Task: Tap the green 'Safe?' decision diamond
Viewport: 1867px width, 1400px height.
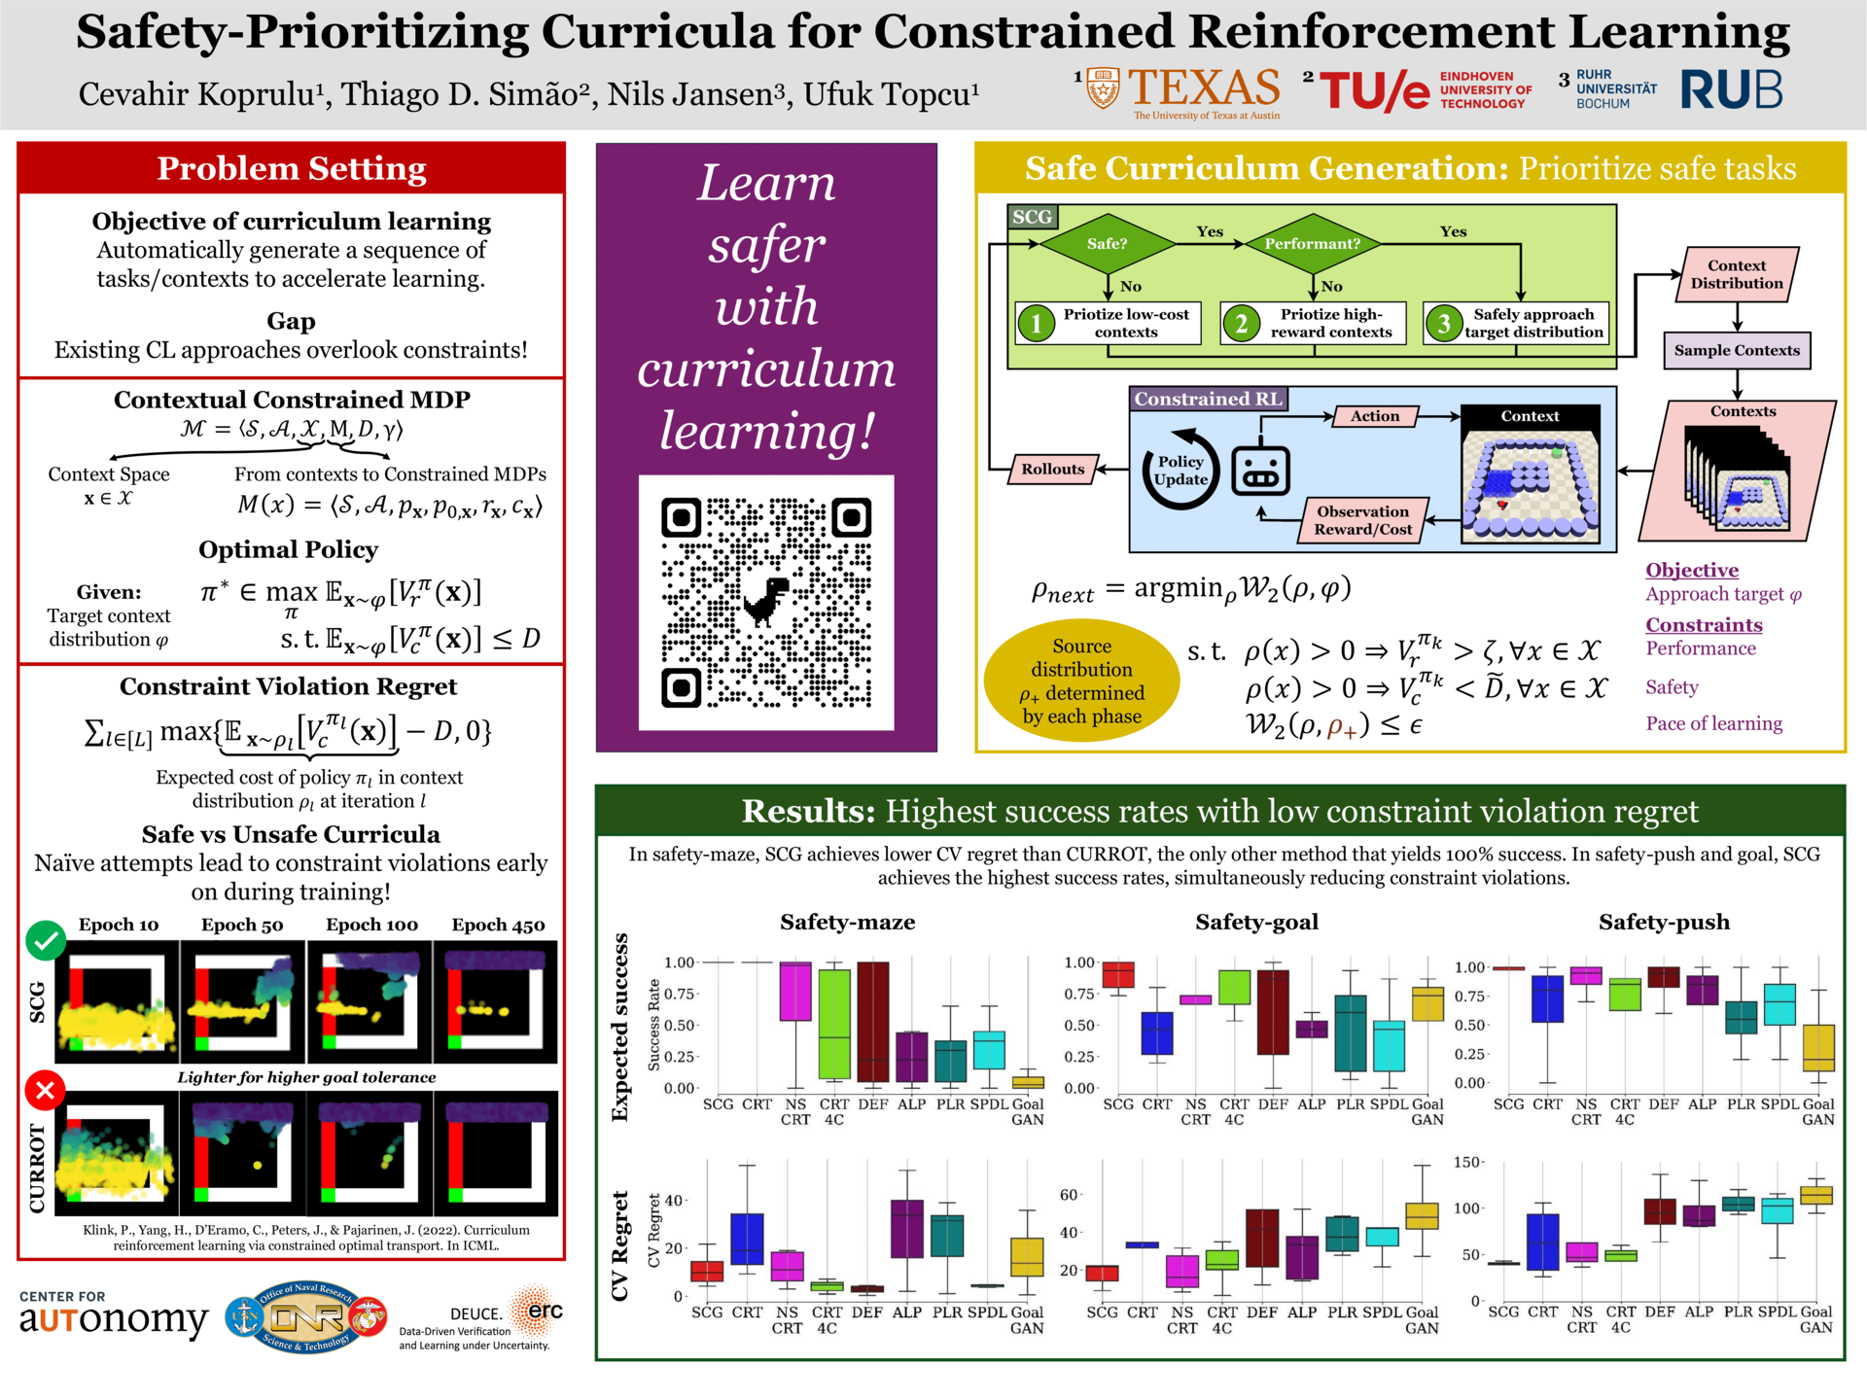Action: click(1108, 243)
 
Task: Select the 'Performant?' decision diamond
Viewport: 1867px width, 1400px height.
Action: click(1313, 243)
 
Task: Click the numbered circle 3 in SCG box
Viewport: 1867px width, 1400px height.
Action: click(1444, 324)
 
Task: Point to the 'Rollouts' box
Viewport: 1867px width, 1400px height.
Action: click(1053, 470)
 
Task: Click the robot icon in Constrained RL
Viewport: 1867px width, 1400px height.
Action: click(1260, 471)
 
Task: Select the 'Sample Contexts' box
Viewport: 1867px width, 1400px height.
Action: click(1737, 350)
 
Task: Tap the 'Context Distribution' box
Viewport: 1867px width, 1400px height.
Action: click(1737, 274)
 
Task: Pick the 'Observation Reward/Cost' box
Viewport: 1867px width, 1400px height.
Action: click(1362, 520)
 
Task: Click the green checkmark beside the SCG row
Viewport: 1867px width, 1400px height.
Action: click(45, 940)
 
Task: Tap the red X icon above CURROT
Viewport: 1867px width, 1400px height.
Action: click(45, 1090)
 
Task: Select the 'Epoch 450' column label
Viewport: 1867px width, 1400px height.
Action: click(498, 925)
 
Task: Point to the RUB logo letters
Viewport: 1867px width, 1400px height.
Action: click(1732, 89)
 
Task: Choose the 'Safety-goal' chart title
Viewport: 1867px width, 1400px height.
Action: click(1256, 922)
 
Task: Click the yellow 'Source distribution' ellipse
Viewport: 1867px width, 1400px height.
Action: click(1081, 681)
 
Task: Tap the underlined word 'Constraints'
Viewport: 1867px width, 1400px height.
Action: click(1704, 625)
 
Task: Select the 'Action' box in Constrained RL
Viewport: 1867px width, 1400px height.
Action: click(1375, 416)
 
